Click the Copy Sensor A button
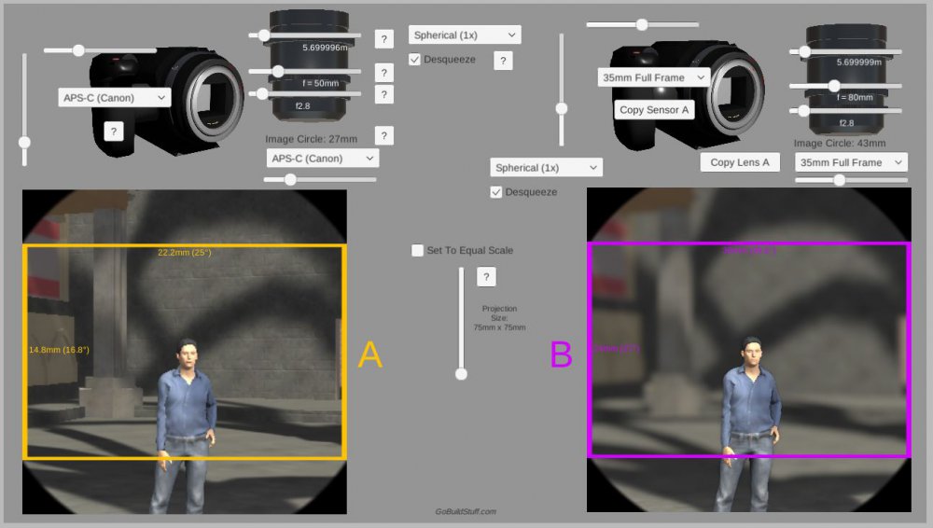(x=654, y=109)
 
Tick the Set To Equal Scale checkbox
(x=418, y=250)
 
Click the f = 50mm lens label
(x=320, y=83)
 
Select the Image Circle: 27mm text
(x=311, y=139)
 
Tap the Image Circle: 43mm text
(x=840, y=143)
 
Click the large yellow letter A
(x=370, y=354)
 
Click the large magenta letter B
(x=561, y=354)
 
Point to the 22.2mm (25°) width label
(x=185, y=253)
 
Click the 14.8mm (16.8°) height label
(x=59, y=350)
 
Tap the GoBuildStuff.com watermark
(x=466, y=511)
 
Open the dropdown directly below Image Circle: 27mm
(x=322, y=159)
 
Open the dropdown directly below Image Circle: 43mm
(x=851, y=162)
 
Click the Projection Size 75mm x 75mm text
(x=499, y=318)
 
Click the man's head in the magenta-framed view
(x=750, y=351)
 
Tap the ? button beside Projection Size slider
(x=486, y=277)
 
